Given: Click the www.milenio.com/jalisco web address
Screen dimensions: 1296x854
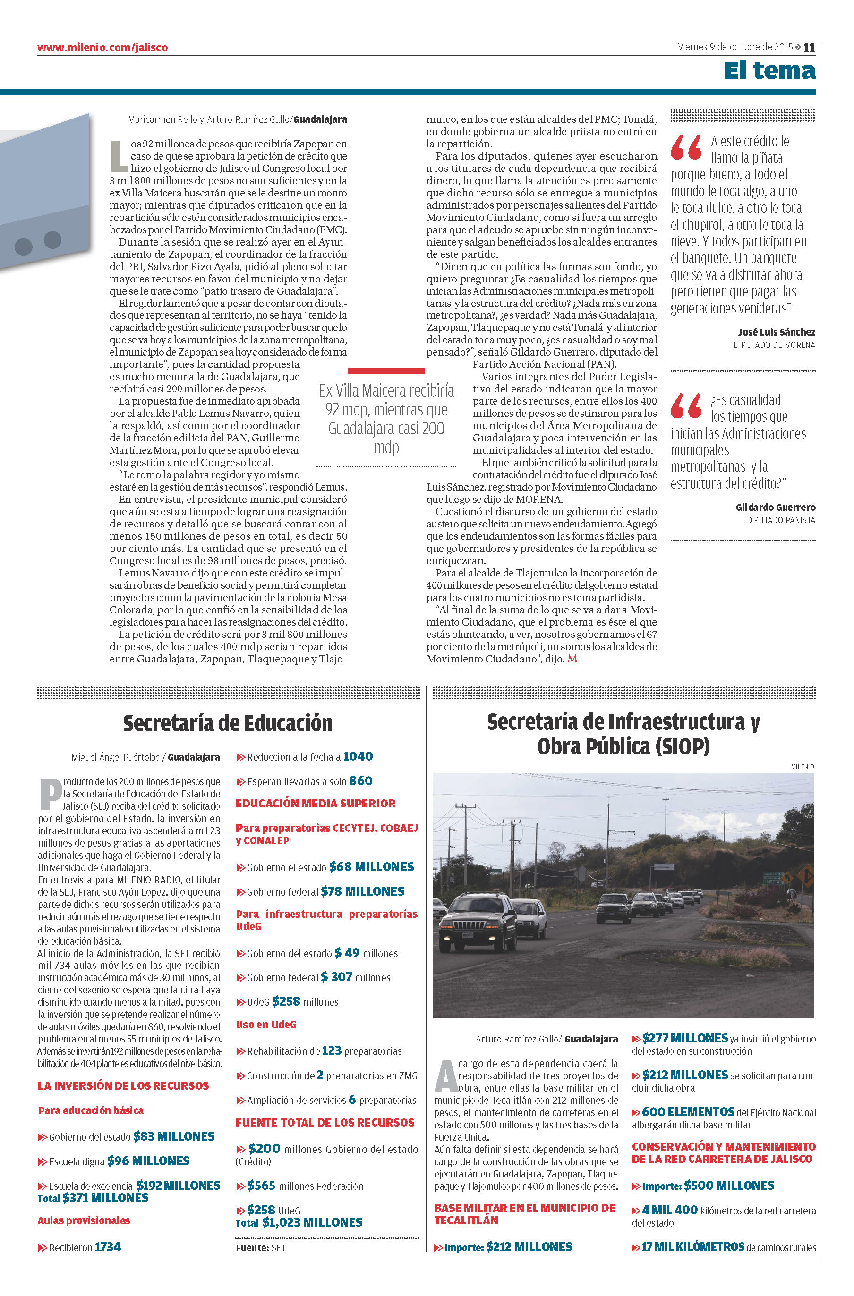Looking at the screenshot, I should [x=102, y=47].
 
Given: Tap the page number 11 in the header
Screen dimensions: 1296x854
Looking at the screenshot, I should [x=809, y=48].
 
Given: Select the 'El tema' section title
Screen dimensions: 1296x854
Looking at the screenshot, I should [x=769, y=71].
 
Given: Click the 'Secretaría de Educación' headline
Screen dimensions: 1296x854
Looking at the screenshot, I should [x=228, y=723].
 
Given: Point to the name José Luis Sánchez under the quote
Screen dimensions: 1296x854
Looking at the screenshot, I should [x=777, y=332].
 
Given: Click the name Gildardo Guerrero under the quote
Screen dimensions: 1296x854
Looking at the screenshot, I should [x=776, y=508].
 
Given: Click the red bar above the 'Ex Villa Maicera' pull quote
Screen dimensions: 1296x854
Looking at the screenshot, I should [x=386, y=372].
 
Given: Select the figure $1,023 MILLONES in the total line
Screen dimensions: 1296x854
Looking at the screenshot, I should [x=312, y=1222].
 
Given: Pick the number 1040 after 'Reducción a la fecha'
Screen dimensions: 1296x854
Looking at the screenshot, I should [x=358, y=756].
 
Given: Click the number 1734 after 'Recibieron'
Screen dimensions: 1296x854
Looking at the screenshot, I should [x=107, y=1247].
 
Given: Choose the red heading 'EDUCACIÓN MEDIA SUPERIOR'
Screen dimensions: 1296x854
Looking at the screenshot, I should [x=316, y=804].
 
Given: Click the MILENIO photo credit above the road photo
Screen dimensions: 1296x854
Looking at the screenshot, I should [x=802, y=767].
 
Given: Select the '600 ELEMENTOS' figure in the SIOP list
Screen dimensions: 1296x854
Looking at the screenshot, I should [x=688, y=1112].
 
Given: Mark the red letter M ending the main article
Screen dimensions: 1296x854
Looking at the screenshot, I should [x=572, y=659].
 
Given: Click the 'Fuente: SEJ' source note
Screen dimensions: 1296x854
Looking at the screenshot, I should [x=260, y=1247].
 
